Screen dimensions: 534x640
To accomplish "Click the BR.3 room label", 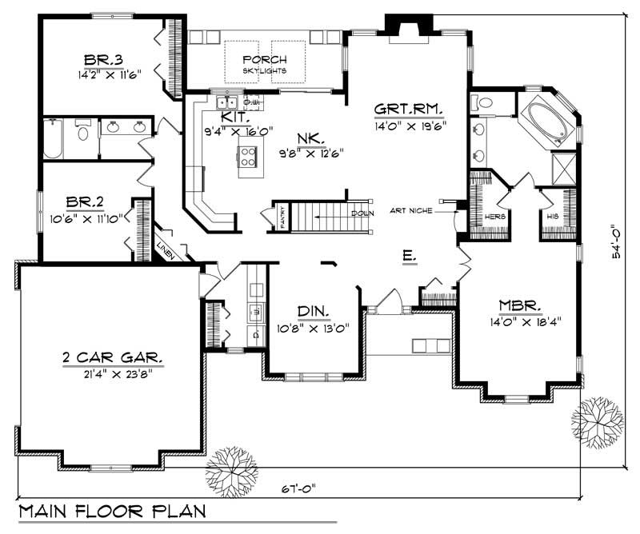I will pos(103,59).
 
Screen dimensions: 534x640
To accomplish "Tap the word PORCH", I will pos(265,60).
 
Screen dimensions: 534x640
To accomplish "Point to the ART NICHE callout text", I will pos(412,211).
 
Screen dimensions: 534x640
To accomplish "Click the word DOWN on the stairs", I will pos(361,213).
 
